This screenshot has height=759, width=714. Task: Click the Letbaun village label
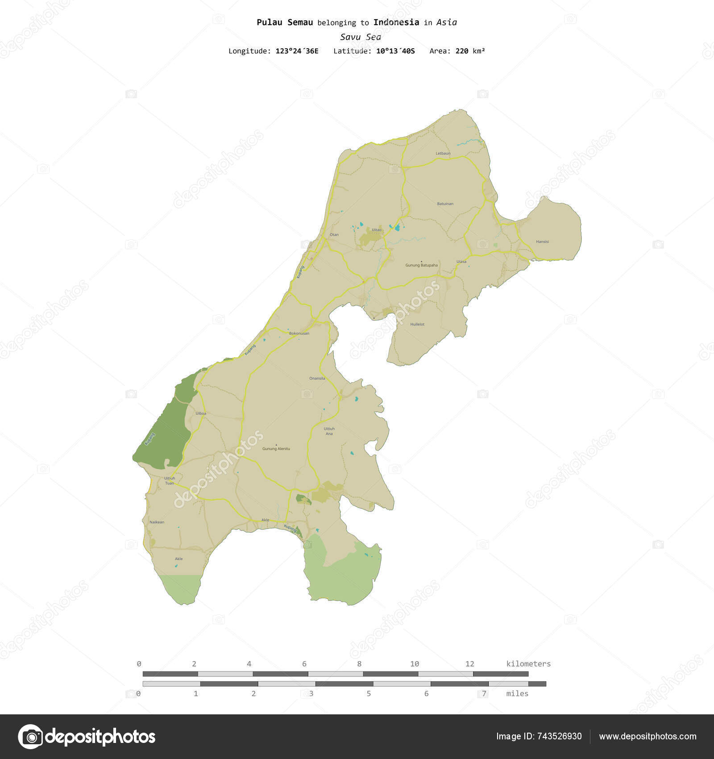tap(443, 153)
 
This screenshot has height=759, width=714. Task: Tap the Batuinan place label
tap(445, 204)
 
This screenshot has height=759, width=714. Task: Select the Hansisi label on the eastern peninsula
tap(543, 242)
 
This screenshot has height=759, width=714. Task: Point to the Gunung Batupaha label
tap(421, 265)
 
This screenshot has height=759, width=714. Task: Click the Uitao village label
tap(377, 229)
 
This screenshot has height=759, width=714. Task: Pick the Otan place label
tap(334, 234)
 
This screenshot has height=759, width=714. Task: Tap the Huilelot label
tap(417, 324)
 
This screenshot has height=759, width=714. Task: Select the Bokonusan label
tap(299, 333)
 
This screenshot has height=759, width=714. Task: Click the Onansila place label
tap(317, 378)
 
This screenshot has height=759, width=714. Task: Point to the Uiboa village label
tap(201, 413)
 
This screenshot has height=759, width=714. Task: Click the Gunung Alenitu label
tap(276, 449)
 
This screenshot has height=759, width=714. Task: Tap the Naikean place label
tap(157, 522)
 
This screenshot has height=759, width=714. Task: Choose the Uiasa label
tap(461, 262)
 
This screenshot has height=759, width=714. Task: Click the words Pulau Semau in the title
tap(284, 22)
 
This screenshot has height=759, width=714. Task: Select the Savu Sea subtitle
tap(360, 37)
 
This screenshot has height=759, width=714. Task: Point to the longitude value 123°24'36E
tap(297, 51)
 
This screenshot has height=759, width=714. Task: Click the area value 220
tap(462, 51)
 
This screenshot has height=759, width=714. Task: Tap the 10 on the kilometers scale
tap(415, 664)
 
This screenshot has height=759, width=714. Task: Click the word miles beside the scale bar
tap(517, 693)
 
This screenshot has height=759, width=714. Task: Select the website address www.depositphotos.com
tap(648, 737)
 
